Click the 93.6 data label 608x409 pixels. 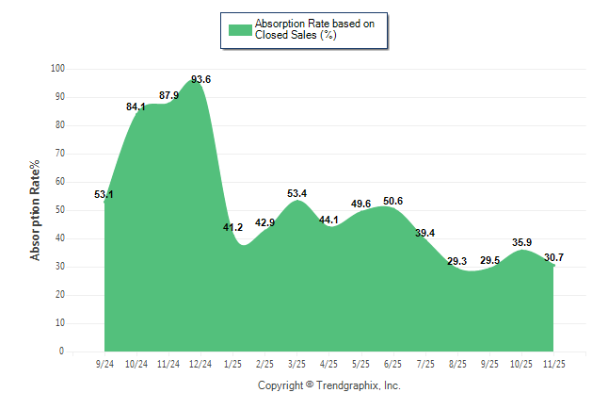200,79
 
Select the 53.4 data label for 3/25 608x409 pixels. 297,193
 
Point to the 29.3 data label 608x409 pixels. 456,261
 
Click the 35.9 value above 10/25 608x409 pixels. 521,242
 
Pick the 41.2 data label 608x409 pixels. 232,227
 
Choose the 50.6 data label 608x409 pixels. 392,201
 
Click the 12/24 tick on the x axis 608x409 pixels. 200,364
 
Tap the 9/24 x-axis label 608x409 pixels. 104,364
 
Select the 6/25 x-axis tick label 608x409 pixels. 392,364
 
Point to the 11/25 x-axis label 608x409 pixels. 553,364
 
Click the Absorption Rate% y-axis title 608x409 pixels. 36,209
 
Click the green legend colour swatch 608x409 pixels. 240,29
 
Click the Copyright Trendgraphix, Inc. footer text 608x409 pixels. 329,385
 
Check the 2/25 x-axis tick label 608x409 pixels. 264,364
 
